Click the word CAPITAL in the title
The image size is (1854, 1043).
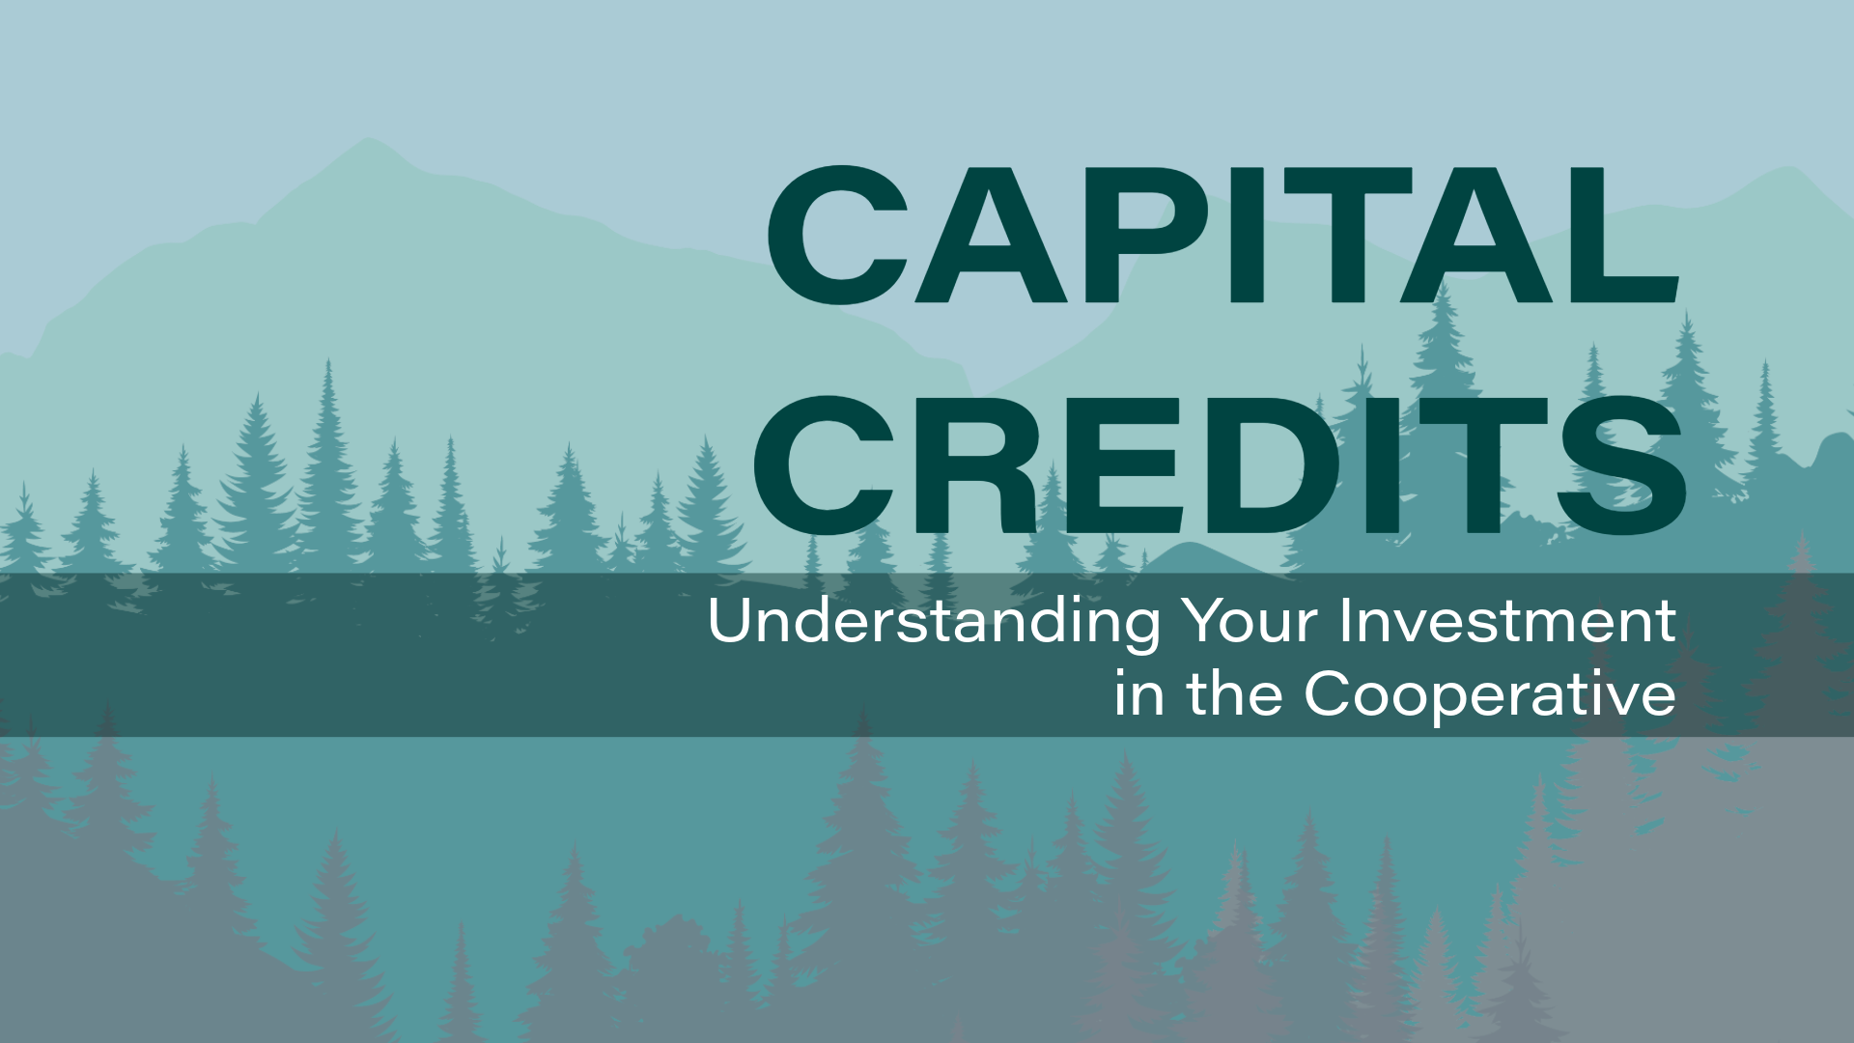tap(1223, 235)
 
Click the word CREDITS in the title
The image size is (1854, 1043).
tap(1221, 465)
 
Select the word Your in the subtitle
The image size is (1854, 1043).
tap(1251, 620)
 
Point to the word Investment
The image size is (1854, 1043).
tap(1507, 620)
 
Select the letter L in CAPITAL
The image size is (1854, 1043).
tap(1625, 235)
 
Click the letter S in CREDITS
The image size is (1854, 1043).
tap(1622, 465)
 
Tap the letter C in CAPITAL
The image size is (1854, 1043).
tap(838, 235)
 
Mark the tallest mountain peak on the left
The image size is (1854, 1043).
tap(367, 139)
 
